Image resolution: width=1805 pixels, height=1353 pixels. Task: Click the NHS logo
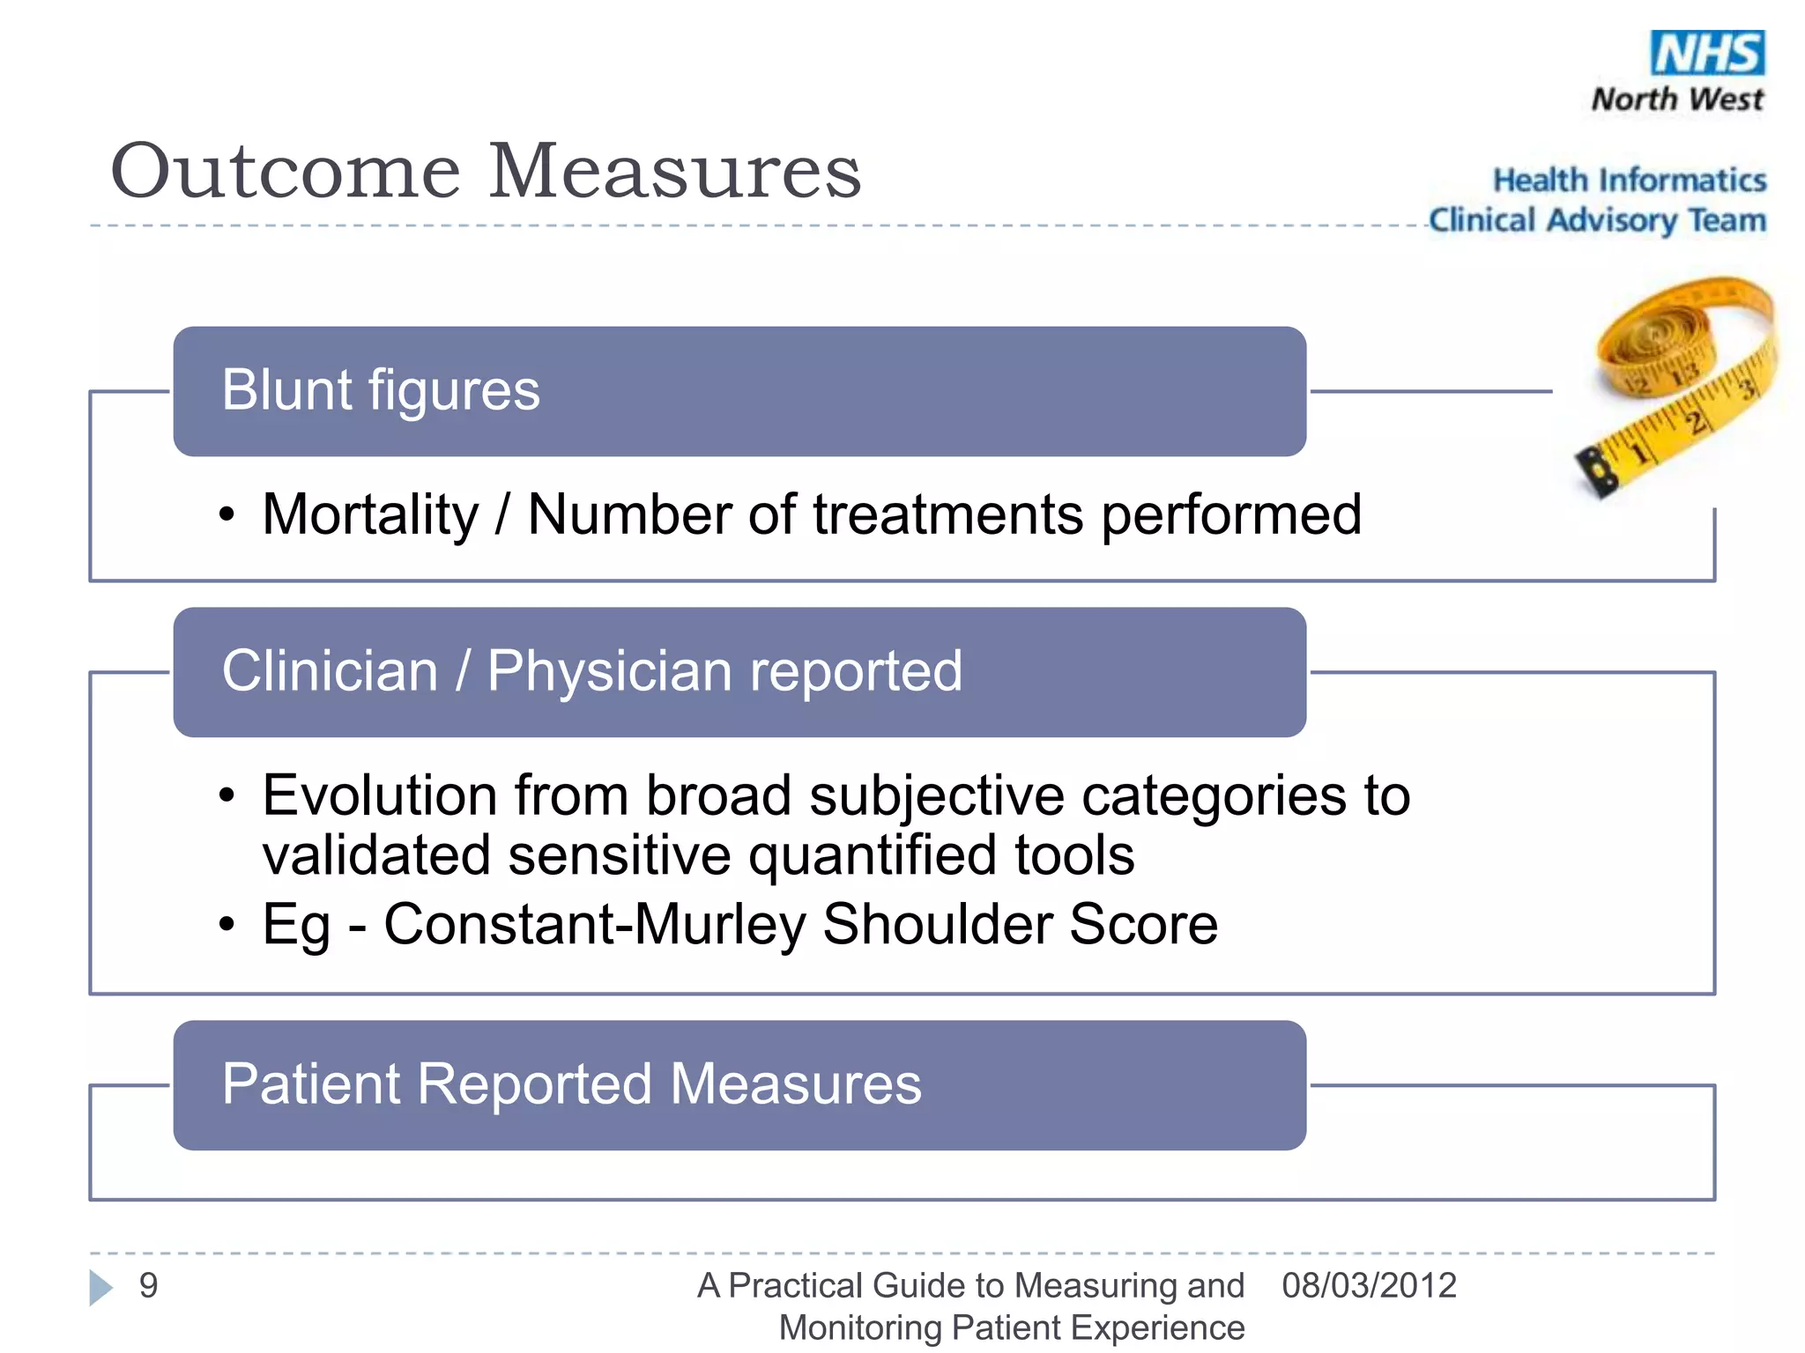[x=1707, y=53]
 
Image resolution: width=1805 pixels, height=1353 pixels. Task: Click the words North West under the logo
[x=1677, y=99]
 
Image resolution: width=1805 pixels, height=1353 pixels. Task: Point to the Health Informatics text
[x=1629, y=180]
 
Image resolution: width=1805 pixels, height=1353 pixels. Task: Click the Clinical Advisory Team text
[x=1597, y=220]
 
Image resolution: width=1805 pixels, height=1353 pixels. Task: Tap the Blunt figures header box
[x=739, y=391]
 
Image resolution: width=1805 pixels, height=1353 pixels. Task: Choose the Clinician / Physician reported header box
[x=739, y=671]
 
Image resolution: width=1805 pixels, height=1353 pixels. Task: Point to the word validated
[x=376, y=854]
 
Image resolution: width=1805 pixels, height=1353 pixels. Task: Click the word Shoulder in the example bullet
[x=936, y=925]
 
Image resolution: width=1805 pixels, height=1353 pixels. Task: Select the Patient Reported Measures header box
[x=739, y=1084]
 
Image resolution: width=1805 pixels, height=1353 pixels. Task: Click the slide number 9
[x=149, y=1285]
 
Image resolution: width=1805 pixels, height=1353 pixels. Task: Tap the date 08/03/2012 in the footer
[x=1369, y=1285]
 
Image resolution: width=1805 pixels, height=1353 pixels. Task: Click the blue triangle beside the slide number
[x=101, y=1287]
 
